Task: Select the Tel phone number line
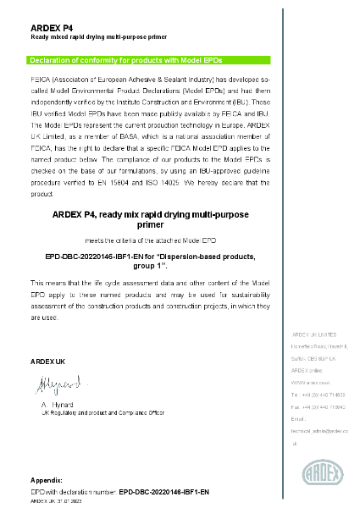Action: [x=317, y=395]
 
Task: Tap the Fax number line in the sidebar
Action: [x=317, y=406]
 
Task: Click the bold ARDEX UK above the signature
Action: [x=47, y=362]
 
